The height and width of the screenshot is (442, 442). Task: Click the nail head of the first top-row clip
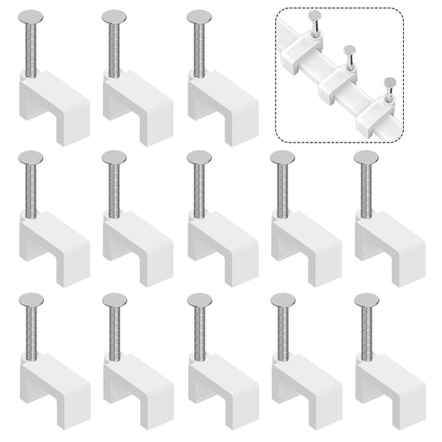pyautogui.click(x=31, y=16)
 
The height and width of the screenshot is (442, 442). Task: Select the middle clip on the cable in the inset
pyautogui.click(x=342, y=80)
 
